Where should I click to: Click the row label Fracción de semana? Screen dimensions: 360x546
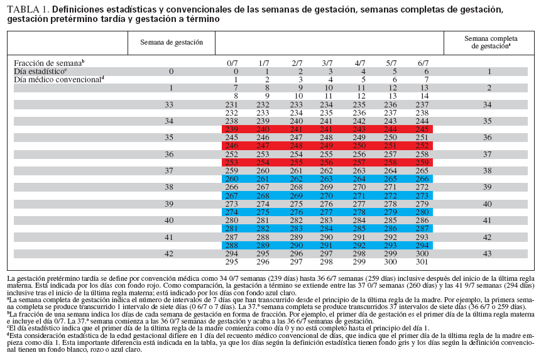[x=48, y=63]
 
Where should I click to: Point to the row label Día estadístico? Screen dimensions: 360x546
[x=40, y=72]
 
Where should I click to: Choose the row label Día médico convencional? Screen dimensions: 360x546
[x=58, y=80]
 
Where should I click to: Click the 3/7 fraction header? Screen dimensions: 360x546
[x=327, y=63]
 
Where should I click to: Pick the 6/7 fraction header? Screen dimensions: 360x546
[x=423, y=63]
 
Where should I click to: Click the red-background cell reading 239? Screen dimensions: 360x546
[x=232, y=129]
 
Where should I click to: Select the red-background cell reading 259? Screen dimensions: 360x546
[x=423, y=161]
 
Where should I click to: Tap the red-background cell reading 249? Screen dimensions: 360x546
[x=327, y=145]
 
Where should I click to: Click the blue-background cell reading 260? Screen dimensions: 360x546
[x=232, y=178]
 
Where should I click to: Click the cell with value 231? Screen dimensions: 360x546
[x=232, y=104]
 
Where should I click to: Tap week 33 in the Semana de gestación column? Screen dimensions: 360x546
[x=168, y=104]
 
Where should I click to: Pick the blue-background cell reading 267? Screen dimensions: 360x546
[x=232, y=195]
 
